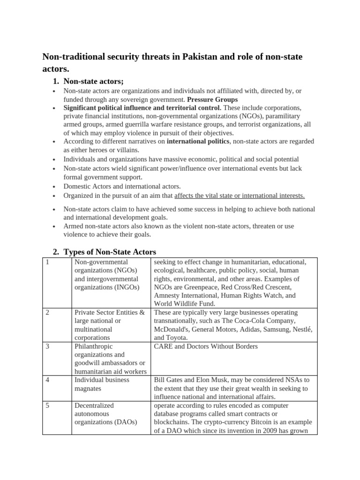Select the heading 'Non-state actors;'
[93, 81]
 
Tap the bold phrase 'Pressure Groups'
[212, 99]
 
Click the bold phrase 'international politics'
[198, 141]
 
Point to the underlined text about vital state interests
[240, 195]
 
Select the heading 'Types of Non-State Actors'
[110, 252]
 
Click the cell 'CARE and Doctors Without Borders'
[206, 346]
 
